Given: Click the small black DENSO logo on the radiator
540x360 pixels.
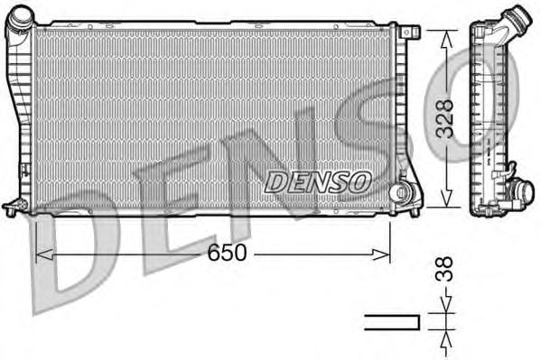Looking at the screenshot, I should pyautogui.click(x=318, y=181).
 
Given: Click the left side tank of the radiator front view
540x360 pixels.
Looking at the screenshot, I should pyautogui.click(x=20, y=117).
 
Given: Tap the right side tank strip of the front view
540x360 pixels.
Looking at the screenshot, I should pyautogui.click(x=397, y=108).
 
